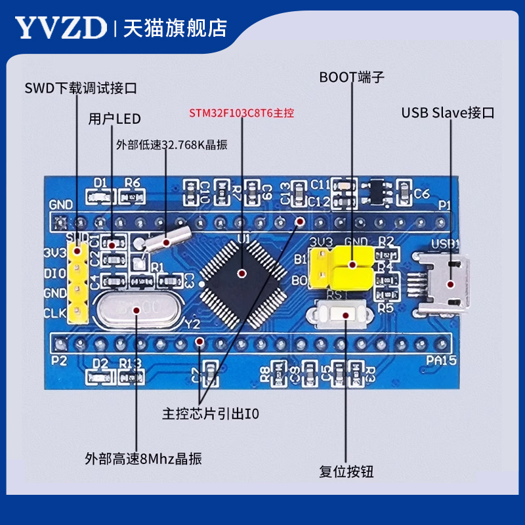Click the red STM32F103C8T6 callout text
point(242,112)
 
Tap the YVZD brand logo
point(60,28)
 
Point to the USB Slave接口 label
point(448,113)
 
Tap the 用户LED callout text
point(115,119)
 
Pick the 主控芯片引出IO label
point(211,415)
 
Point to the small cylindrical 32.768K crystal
point(167,241)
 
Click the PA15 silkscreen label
point(436,360)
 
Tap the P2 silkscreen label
point(59,360)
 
